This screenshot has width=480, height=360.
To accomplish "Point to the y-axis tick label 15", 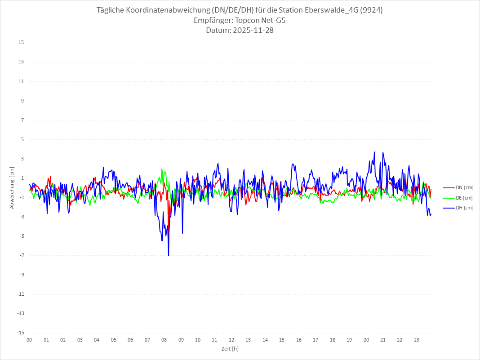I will [21, 43].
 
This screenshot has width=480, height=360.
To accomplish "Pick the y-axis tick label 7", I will [22, 120].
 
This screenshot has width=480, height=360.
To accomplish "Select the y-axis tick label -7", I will [21, 255].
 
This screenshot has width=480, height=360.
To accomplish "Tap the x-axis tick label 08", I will [164, 340].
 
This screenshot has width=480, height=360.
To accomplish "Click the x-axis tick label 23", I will [417, 340].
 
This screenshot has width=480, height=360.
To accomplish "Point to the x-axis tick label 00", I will [29, 340].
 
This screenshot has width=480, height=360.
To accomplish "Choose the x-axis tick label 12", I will [231, 340].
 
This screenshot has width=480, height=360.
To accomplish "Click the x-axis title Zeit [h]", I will [230, 348].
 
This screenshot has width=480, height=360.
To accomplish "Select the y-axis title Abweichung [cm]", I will [12, 188].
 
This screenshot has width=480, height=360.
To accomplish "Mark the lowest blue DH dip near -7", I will [169, 255].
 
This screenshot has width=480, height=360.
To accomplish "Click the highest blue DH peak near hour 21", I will [383, 152].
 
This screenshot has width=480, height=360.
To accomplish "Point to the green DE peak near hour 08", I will [162, 169].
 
